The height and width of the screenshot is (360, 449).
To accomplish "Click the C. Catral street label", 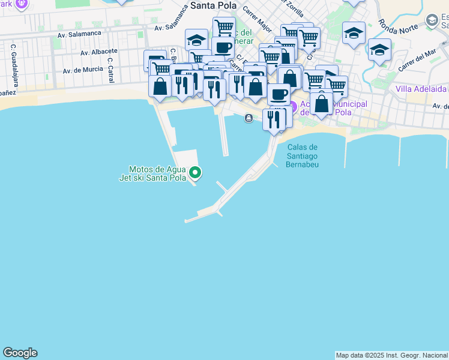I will click(110, 70).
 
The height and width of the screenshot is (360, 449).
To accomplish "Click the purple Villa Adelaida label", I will click(421, 89).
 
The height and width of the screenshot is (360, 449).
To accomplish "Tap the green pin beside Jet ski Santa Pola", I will click(195, 173).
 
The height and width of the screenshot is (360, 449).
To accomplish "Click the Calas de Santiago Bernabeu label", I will click(302, 156).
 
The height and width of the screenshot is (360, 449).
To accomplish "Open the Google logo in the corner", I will click(20, 353).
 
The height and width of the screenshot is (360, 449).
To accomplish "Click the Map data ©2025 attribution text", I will click(391, 355).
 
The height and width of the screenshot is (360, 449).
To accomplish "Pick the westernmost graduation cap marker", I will click(196, 40).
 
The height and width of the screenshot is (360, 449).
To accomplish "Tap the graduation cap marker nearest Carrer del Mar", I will click(379, 49).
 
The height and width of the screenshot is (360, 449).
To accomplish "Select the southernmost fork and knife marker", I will click(274, 119).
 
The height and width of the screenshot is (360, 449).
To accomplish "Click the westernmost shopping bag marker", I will click(160, 86).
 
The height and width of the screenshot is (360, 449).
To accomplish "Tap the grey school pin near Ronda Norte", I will click(432, 21).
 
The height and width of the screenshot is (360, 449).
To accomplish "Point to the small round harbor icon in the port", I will click(249, 118).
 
